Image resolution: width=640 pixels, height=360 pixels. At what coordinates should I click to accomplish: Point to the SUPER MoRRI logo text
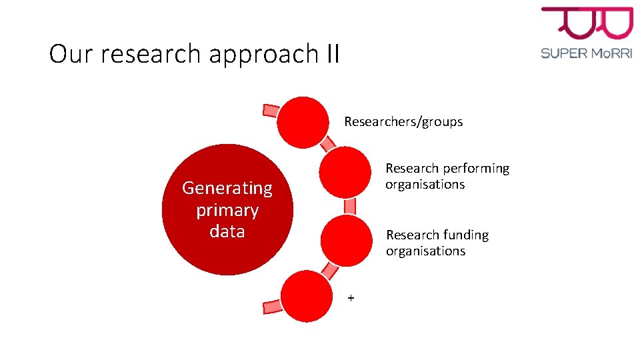[586, 53]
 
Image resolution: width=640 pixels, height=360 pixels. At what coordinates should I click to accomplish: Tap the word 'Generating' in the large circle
[227, 189]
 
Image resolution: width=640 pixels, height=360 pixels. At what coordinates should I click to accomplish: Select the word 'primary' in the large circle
[227, 210]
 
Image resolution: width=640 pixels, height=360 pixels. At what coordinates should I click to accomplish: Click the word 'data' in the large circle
[227, 231]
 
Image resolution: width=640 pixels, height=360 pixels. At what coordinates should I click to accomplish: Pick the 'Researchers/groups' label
[403, 122]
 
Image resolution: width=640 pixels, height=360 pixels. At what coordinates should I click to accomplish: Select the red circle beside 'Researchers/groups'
[303, 123]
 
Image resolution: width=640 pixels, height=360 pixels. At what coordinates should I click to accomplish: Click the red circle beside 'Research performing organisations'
[345, 172]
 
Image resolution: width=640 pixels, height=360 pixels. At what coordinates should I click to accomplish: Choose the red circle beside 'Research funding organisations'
[346, 241]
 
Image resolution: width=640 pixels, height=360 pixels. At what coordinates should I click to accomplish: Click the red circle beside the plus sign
[307, 296]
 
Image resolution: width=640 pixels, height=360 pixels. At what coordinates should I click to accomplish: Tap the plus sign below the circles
[351, 298]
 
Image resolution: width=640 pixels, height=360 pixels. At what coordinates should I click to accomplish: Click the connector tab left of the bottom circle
[271, 306]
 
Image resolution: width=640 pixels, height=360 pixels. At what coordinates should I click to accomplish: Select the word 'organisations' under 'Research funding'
[425, 251]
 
